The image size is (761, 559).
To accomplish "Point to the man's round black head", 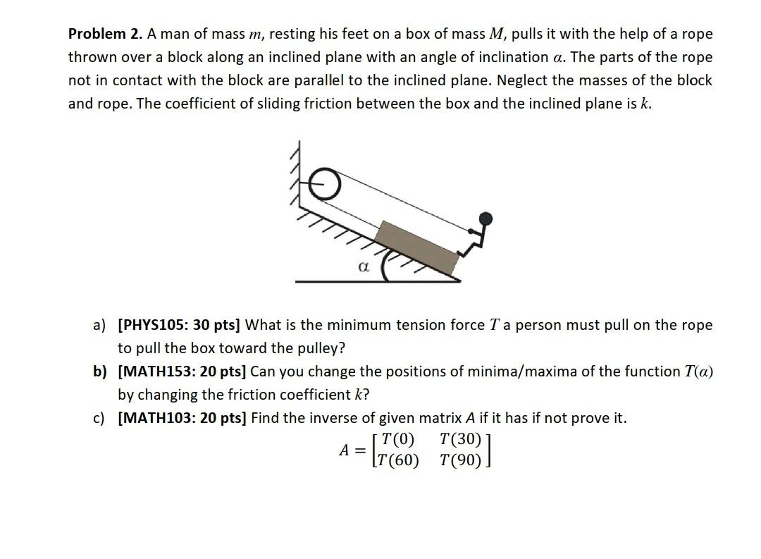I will tap(485, 218).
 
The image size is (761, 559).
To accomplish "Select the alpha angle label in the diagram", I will tap(364, 267).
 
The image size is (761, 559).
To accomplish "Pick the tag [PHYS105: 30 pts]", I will tap(179, 325).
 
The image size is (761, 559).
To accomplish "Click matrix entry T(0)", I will tap(398, 439).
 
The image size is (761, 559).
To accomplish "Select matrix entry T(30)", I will tap(460, 439).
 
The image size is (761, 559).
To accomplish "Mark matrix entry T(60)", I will tap(398, 460).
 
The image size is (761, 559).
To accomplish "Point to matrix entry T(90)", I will tap(460, 460).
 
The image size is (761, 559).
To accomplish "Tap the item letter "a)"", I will tap(99, 325).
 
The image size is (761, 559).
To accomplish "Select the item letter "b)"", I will tap(99, 371).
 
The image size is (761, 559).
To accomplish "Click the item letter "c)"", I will tap(99, 418).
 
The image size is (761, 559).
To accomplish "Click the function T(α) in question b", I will tap(699, 371).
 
